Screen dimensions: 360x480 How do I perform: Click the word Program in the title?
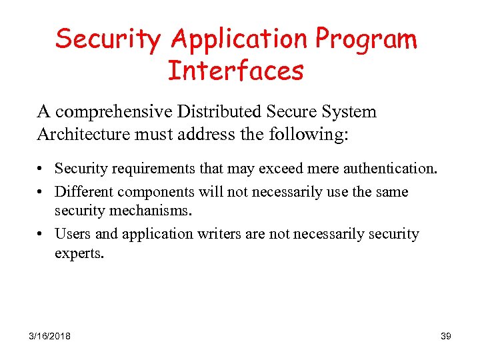point(366,40)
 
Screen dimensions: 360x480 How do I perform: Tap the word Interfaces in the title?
point(236,70)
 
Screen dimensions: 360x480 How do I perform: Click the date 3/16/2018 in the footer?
point(50,336)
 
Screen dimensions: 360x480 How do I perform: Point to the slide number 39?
point(446,336)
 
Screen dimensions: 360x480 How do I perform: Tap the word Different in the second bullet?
point(83,192)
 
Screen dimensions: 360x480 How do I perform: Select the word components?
point(155,192)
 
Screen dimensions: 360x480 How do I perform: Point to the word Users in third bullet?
point(70,234)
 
